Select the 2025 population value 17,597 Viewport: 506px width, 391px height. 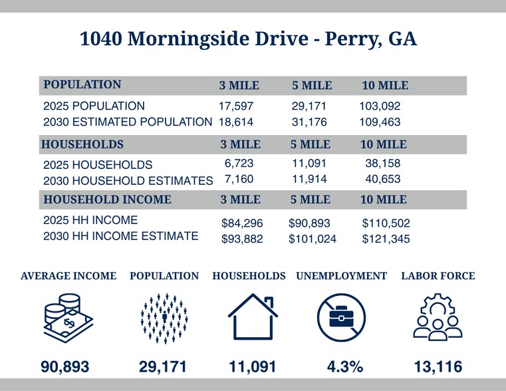pos(236,106)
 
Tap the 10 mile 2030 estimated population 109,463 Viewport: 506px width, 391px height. pos(381,122)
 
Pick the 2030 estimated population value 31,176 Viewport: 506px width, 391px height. pos(309,122)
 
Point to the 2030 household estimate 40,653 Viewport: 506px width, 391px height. pos(382,180)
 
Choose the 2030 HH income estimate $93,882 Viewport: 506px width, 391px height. pos(241,239)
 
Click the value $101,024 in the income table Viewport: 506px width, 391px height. pos(313,239)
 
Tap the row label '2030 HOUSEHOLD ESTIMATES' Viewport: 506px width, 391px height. pos(128,180)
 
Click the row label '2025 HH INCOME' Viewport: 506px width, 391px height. pos(90,220)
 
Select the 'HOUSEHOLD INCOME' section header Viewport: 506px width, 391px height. pos(107,199)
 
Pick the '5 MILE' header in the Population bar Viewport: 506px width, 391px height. pos(312,86)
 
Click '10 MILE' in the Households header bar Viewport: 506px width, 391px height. pos(384,144)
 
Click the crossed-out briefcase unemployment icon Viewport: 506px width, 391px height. pos(341,318)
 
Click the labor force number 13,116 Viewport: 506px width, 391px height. pos(437,366)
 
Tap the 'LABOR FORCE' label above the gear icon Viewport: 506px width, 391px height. pos(438,276)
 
